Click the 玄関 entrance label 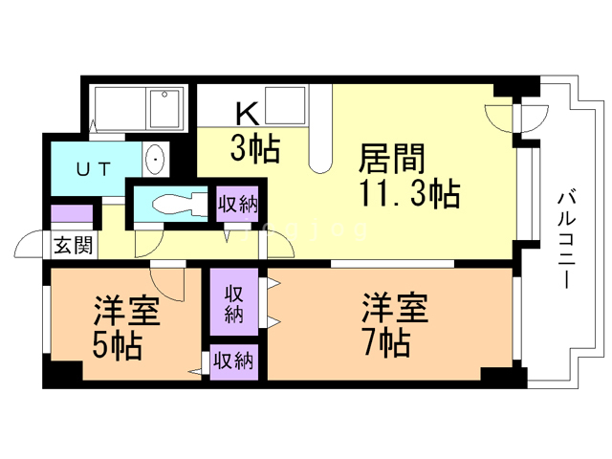pyautogui.click(x=74, y=246)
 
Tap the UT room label pyautogui.click(x=94, y=169)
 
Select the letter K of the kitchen pyautogui.click(x=248, y=113)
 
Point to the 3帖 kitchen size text pyautogui.click(x=255, y=149)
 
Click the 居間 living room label pyautogui.click(x=391, y=159)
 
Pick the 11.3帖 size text pyautogui.click(x=409, y=193)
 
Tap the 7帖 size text pyautogui.click(x=386, y=342)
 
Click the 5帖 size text pyautogui.click(x=117, y=346)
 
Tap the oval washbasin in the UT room pyautogui.click(x=156, y=160)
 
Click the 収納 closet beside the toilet pyautogui.click(x=238, y=204)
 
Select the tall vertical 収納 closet pyautogui.click(x=234, y=302)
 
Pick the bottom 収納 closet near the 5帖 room pyautogui.click(x=233, y=361)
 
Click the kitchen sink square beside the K pyautogui.click(x=285, y=105)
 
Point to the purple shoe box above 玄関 pyautogui.click(x=72, y=213)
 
